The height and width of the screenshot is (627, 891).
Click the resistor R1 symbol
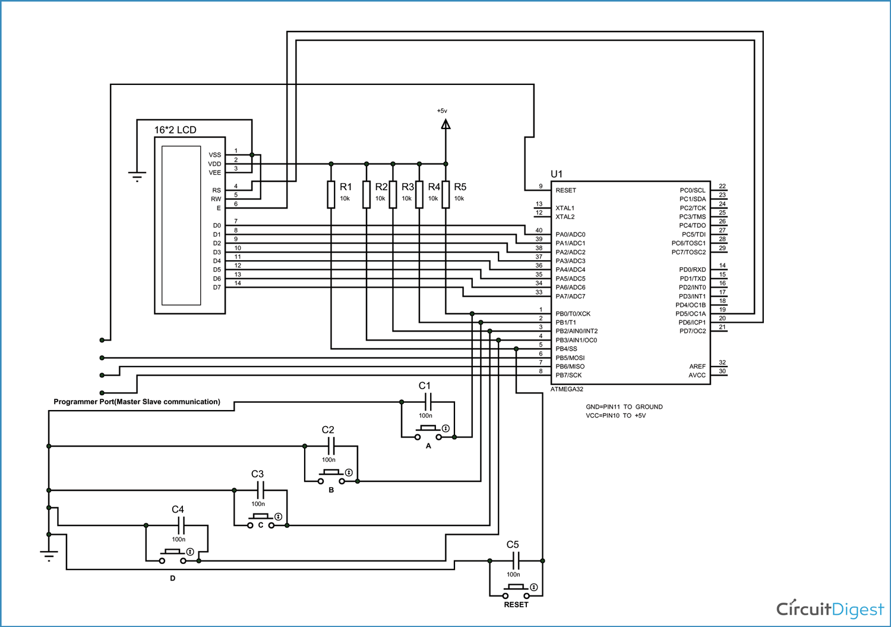331,194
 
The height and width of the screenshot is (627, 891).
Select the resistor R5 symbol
445,194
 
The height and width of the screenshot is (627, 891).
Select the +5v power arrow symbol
445,124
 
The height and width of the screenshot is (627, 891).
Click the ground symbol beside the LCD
137,177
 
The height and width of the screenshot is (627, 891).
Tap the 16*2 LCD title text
175,130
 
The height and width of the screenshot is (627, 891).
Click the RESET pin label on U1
565,190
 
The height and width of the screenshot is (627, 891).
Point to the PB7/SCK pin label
568,376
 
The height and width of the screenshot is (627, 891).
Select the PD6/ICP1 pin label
692,323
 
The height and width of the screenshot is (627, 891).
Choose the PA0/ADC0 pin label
570,235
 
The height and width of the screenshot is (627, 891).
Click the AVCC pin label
697,376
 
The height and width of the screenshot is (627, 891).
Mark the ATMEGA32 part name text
567,389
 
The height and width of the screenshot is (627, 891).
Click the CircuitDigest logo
830,609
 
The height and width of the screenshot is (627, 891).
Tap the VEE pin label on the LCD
214,173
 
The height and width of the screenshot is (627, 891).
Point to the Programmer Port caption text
137,402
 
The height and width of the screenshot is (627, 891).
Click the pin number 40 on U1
539,230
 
